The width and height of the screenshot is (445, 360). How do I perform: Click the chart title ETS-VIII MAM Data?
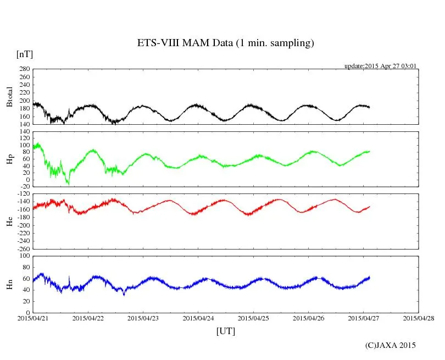point(225,43)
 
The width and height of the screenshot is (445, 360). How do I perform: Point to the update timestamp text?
point(380,65)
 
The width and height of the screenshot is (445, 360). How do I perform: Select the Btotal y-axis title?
point(9,96)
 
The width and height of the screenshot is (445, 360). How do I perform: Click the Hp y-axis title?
point(9,159)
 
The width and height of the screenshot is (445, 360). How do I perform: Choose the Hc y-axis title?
point(9,221)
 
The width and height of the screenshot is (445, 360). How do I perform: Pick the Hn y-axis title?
point(9,284)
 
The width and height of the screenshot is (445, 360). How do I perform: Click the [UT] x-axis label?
point(225,331)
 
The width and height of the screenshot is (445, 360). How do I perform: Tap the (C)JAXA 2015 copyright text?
point(391,345)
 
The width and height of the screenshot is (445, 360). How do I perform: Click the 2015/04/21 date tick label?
point(33,318)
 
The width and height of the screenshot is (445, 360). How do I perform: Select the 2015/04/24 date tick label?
point(198,318)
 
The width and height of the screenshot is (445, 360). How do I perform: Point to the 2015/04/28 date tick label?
point(419,318)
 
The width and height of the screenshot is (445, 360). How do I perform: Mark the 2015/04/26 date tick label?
point(308,318)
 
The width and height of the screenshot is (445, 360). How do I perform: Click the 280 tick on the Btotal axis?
point(24,69)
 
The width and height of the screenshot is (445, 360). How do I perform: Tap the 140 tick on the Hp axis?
point(24,132)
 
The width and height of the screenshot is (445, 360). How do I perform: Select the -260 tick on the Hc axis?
point(22,248)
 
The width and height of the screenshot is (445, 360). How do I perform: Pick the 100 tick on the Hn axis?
point(24,256)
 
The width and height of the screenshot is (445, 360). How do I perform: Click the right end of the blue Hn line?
point(370,277)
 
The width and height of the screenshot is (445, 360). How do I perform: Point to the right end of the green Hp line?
point(370,151)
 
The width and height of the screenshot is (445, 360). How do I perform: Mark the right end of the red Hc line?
point(370,207)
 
